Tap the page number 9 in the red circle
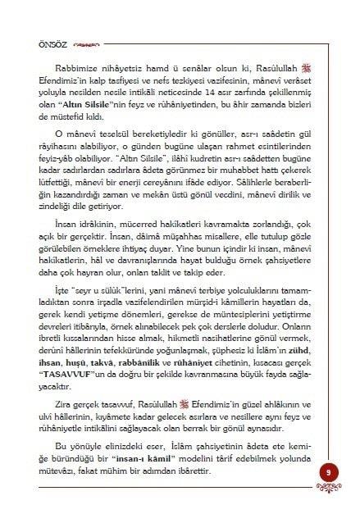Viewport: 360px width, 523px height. [x=327, y=473]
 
